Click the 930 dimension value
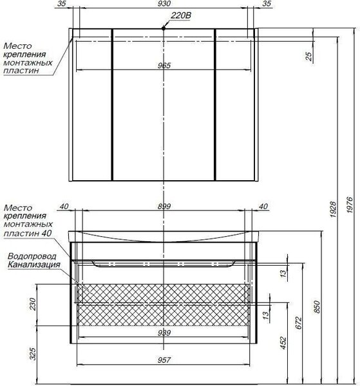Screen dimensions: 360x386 point(164,3)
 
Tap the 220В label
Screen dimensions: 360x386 point(181,15)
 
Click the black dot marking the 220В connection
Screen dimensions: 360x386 point(164,28)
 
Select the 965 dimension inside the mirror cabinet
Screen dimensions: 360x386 point(164,66)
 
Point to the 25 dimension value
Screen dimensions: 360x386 point(309,57)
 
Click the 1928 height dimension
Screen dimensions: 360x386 point(333,209)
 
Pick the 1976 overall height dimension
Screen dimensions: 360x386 point(350,205)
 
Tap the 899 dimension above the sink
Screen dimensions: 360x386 point(164,207)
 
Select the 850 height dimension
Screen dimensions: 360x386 point(317,307)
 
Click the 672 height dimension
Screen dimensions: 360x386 point(298,323)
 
